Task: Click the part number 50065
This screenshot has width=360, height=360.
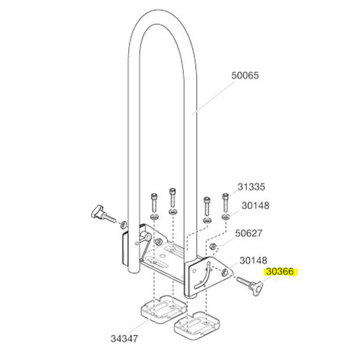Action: tap(245, 75)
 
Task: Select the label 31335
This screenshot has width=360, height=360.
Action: tap(251, 187)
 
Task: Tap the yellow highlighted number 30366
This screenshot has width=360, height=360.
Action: tap(280, 272)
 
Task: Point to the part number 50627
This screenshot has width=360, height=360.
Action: tap(248, 233)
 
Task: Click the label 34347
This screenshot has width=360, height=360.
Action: tap(124, 338)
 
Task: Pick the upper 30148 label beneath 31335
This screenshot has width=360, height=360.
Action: tap(255, 206)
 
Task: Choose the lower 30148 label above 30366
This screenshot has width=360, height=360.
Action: tap(253, 261)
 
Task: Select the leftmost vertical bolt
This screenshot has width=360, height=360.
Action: tap(154, 203)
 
